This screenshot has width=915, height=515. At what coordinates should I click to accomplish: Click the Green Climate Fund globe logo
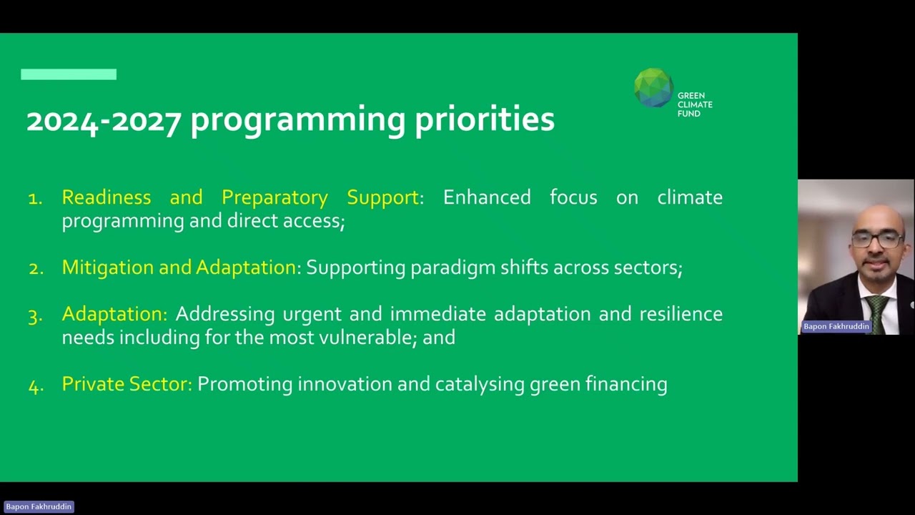(653, 88)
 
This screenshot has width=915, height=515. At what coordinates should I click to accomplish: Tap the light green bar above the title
(69, 74)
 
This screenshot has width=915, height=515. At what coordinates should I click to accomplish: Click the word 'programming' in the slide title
(298, 121)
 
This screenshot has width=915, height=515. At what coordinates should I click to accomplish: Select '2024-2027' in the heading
(104, 122)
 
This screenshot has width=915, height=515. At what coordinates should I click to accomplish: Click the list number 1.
(35, 199)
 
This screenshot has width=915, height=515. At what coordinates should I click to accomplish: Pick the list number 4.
(36, 386)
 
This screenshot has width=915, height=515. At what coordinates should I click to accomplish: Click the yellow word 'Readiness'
(107, 197)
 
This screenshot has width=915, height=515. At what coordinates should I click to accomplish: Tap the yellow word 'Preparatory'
(274, 198)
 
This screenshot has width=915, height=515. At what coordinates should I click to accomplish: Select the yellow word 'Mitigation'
(108, 268)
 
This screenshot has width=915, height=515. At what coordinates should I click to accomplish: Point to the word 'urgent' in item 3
(312, 315)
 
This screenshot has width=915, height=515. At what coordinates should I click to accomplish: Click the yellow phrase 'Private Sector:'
(127, 384)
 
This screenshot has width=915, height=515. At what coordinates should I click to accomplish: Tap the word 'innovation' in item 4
(345, 384)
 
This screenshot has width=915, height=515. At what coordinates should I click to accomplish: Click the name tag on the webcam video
(836, 326)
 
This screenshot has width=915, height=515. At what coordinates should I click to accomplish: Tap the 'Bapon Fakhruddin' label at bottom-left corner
(39, 507)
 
